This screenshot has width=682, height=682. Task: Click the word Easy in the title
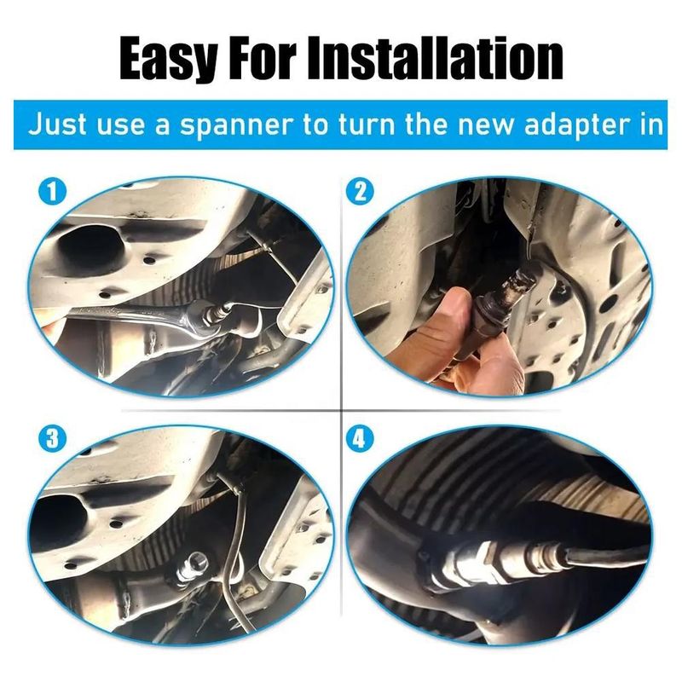(168, 59)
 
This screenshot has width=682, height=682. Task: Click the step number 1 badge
(52, 192)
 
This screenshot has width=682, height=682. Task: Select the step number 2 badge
(360, 192)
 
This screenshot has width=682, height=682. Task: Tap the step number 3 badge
(52, 439)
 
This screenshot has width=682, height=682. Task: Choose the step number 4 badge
(360, 439)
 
